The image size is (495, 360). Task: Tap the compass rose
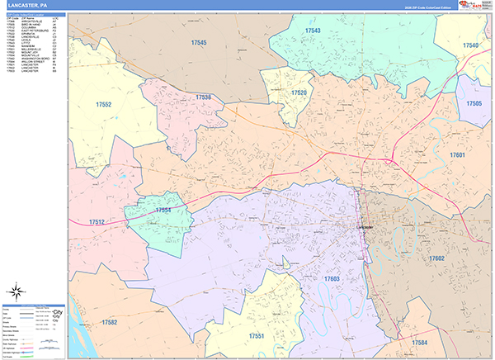pyautogui.click(x=16, y=291)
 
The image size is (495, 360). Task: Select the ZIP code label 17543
pyautogui.click(x=313, y=31)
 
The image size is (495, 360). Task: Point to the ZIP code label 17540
pyautogui.click(x=470, y=45)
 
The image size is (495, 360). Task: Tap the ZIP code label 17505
pyautogui.click(x=474, y=104)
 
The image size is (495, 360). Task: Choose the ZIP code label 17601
pyautogui.click(x=460, y=155)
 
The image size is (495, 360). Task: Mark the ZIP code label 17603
pyautogui.click(x=332, y=279)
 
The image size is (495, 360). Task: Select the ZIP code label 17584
pyautogui.click(x=420, y=342)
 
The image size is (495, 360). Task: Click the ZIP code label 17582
pyautogui.click(x=109, y=322)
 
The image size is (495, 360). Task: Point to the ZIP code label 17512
pyautogui.click(x=96, y=222)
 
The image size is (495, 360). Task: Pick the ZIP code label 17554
pyautogui.click(x=163, y=211)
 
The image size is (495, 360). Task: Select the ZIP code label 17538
pyautogui.click(x=204, y=97)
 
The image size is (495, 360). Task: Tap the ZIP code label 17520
pyautogui.click(x=299, y=92)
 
